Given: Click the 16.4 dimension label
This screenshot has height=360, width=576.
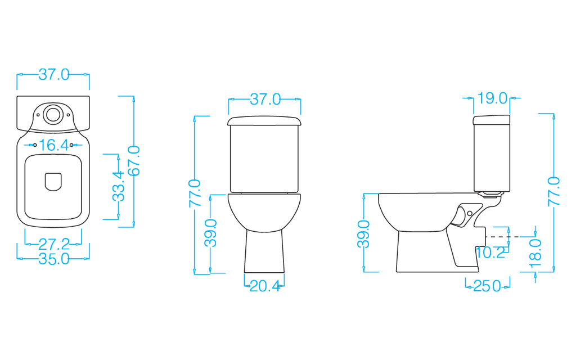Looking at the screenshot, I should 54,145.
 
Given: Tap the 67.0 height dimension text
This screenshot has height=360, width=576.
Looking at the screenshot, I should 134,161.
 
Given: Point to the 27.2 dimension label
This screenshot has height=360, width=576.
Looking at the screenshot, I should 54,245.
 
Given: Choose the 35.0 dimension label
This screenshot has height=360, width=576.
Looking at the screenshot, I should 54,259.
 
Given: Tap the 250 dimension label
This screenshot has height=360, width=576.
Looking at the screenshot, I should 487,286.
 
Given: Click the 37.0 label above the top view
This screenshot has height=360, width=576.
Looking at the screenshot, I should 54,75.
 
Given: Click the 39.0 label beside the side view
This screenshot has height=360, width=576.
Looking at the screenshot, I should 364,233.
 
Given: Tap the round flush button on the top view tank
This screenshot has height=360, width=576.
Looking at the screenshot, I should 53,112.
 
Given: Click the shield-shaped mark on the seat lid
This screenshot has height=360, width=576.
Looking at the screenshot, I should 53,181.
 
